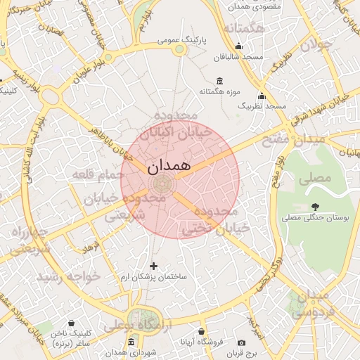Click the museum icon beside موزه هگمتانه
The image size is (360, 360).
pyautogui.click(x=220, y=80)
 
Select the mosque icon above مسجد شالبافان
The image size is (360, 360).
pyautogui.click(x=239, y=46)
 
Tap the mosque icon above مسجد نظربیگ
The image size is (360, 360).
pyautogui.click(x=262, y=96)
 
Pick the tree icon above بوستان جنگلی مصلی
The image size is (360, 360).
pyautogui.click(x=314, y=206)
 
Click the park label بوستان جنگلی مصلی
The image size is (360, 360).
pyautogui.click(x=315, y=219)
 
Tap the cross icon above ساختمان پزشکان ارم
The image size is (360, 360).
pyautogui.click(x=155, y=265)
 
